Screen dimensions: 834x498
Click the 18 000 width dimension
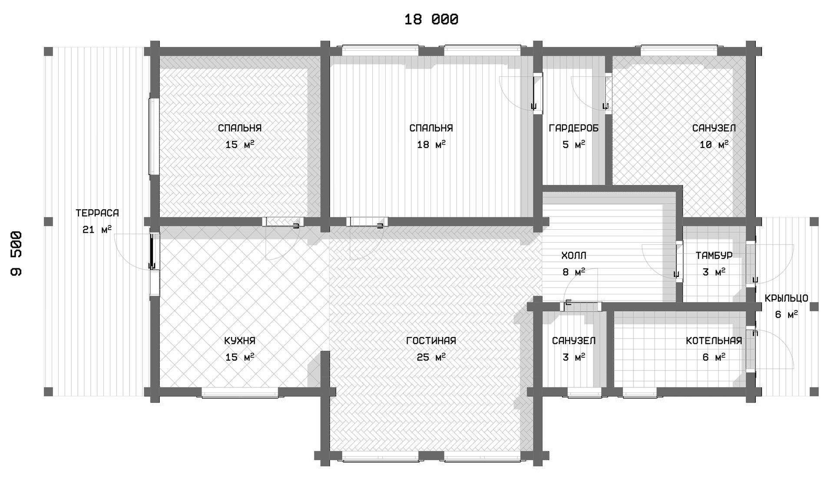[431, 20]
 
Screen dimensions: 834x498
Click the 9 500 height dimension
[17, 254]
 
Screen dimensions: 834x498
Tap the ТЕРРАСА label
[97, 213]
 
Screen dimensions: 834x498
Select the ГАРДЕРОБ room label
[574, 128]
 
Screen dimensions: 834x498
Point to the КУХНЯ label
[240, 341]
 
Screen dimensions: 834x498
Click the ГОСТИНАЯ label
[431, 341]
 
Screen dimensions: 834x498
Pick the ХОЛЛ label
[574, 256]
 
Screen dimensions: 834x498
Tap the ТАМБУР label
[714, 256]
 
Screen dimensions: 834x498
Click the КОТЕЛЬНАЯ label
[714, 341]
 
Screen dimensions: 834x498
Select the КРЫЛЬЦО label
[787, 298]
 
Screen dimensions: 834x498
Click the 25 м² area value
[431, 357]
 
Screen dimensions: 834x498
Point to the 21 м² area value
[97, 229]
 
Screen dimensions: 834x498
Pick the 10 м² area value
[714, 145]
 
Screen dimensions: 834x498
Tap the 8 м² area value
[574, 272]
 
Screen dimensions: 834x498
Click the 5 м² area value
[574, 145]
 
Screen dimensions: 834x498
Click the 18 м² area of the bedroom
[431, 145]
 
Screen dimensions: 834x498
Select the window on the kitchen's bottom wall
[240, 392]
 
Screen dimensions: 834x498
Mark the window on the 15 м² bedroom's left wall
[154, 137]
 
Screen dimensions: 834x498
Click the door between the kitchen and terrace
[152, 252]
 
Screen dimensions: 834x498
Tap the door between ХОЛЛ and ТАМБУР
[679, 261]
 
